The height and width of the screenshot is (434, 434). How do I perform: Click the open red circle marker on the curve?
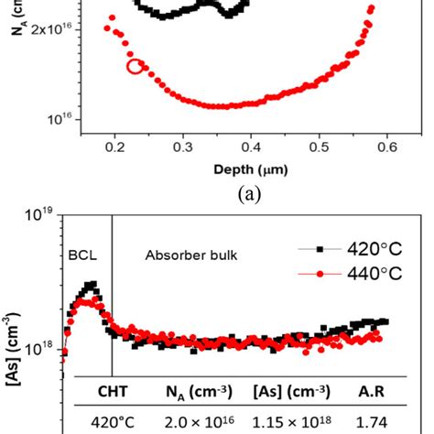pyautogui.click(x=135, y=66)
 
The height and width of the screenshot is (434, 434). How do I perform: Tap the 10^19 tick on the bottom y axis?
pyautogui.click(x=39, y=216)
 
